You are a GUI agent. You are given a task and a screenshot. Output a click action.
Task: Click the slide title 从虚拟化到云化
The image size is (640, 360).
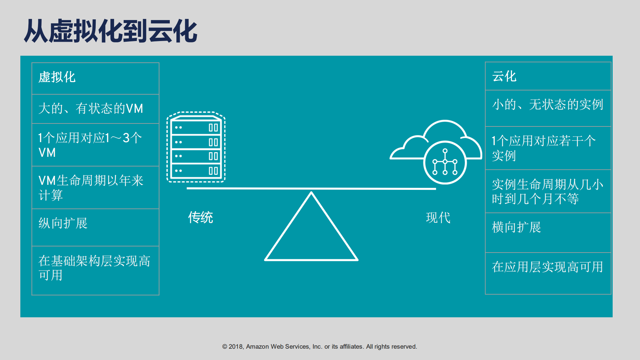pos(110,31)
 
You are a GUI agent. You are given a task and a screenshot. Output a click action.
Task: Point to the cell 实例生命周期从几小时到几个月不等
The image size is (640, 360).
pos(548,192)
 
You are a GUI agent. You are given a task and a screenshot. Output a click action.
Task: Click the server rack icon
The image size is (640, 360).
pos(196,147)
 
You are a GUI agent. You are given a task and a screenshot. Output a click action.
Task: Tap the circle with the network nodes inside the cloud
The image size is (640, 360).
pos(445,162)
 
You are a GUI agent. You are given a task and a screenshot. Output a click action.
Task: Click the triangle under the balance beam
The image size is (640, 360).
pos(311,234)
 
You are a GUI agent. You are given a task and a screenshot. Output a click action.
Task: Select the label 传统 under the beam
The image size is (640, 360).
pos(200,218)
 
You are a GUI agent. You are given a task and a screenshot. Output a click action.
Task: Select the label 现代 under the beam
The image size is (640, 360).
pos(438,218)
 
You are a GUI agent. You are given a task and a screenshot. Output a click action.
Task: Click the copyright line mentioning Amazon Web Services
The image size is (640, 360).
pos(319,347)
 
